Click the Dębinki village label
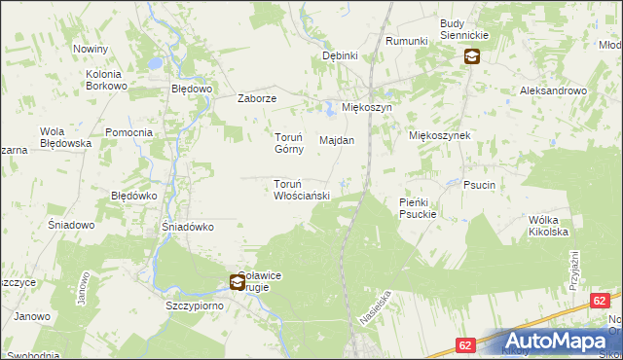341,56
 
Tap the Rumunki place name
407,41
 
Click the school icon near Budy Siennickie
471,56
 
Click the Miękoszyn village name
366,107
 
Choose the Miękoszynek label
440,136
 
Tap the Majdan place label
337,140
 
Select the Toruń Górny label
288,143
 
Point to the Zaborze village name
259,99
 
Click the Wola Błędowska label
65,137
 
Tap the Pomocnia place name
128,132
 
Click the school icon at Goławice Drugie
238,283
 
